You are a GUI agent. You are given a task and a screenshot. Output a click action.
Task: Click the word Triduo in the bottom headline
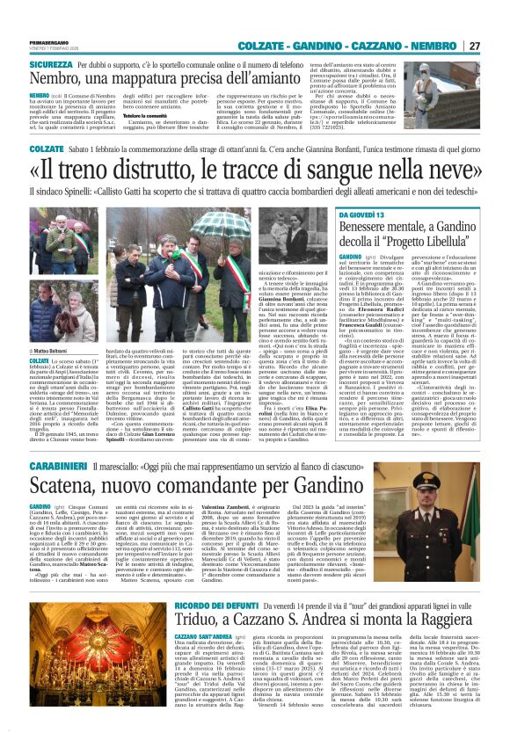(198, 653)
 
